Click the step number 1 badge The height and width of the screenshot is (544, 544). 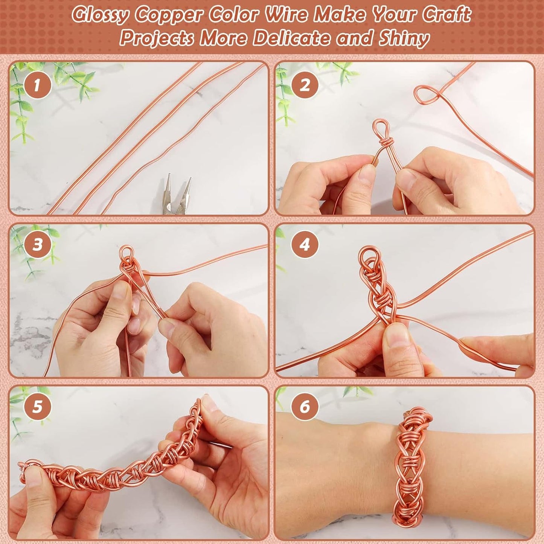tap(37, 85)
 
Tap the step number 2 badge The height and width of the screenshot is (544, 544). tap(305, 85)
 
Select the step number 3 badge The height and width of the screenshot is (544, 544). tap(37, 245)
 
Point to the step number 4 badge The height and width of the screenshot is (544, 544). tap(305, 245)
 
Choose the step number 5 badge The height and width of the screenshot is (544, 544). tap(37, 407)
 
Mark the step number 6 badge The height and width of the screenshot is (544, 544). tap(305, 407)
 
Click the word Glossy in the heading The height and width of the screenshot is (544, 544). tap(101, 15)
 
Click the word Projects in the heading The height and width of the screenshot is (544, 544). tap(156, 38)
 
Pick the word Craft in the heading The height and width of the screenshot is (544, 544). tap(446, 15)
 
